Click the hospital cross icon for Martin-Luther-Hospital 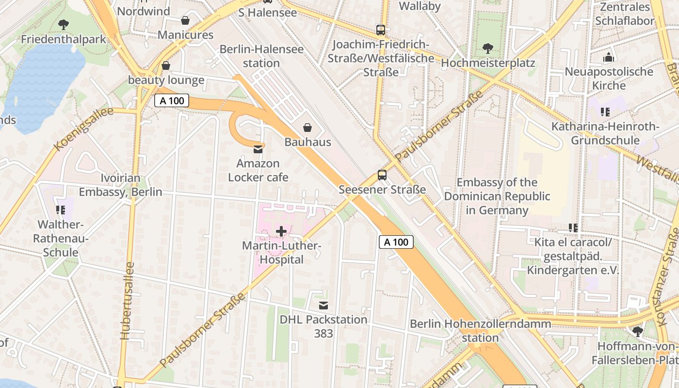click(x=281, y=231)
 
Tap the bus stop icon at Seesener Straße click(x=382, y=175)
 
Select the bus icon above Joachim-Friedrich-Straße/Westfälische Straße click(x=381, y=30)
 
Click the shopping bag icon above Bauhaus click(x=307, y=128)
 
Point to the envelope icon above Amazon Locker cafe click(x=258, y=149)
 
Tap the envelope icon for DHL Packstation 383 click(x=323, y=306)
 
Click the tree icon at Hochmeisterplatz click(x=488, y=48)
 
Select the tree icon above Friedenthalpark click(x=63, y=24)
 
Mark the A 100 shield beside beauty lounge click(x=172, y=101)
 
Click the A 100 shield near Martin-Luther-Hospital click(x=396, y=242)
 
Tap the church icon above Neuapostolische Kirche click(x=609, y=58)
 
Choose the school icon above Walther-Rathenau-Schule click(x=61, y=210)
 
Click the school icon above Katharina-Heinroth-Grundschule click(x=605, y=112)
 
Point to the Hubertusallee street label click(x=127, y=301)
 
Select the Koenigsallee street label click(x=83, y=129)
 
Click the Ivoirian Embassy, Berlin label click(x=121, y=185)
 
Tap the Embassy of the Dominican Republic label click(x=497, y=196)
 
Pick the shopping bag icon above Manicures click(x=185, y=20)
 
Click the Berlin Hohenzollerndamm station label click(x=480, y=330)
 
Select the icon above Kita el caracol click(x=573, y=227)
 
